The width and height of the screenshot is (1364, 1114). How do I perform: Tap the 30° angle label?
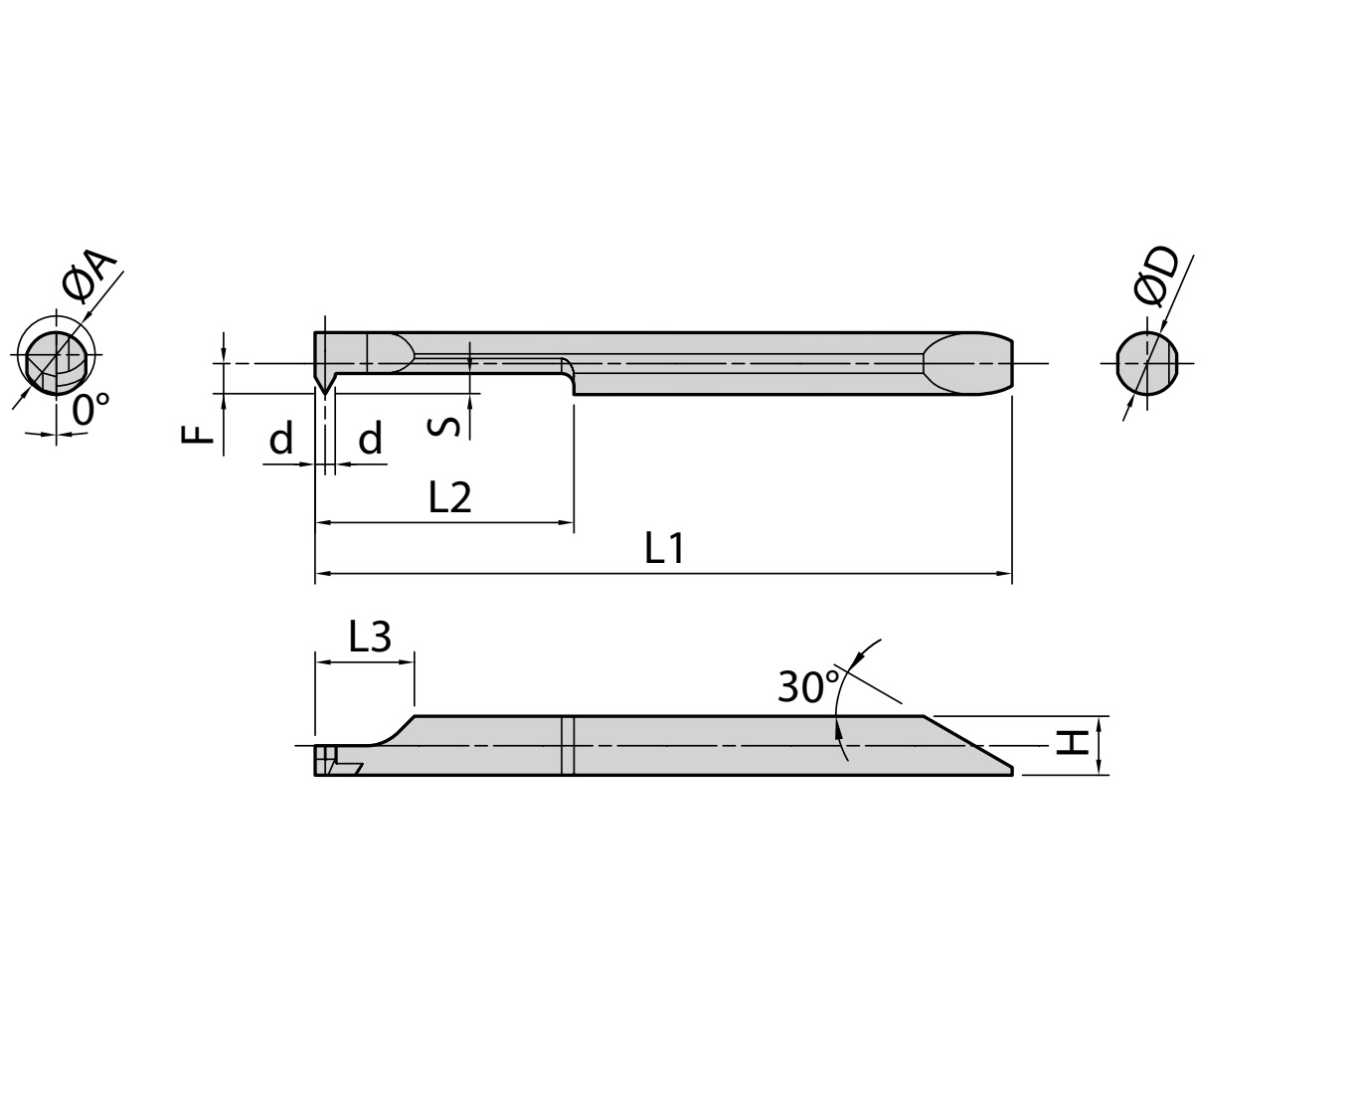click(x=807, y=687)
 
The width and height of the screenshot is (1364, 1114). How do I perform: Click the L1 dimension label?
click(x=664, y=548)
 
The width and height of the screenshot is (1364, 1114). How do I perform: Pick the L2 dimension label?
click(x=449, y=496)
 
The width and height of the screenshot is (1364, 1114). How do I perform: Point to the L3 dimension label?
click(x=370, y=637)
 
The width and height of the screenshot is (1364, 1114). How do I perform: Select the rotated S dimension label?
click(x=447, y=425)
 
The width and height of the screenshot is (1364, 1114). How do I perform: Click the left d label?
click(x=281, y=438)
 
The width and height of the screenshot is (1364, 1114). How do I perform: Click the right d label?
click(x=370, y=438)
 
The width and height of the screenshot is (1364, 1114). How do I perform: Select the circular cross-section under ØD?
click(x=1147, y=362)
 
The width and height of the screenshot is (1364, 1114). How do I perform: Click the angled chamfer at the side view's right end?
click(x=969, y=743)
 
